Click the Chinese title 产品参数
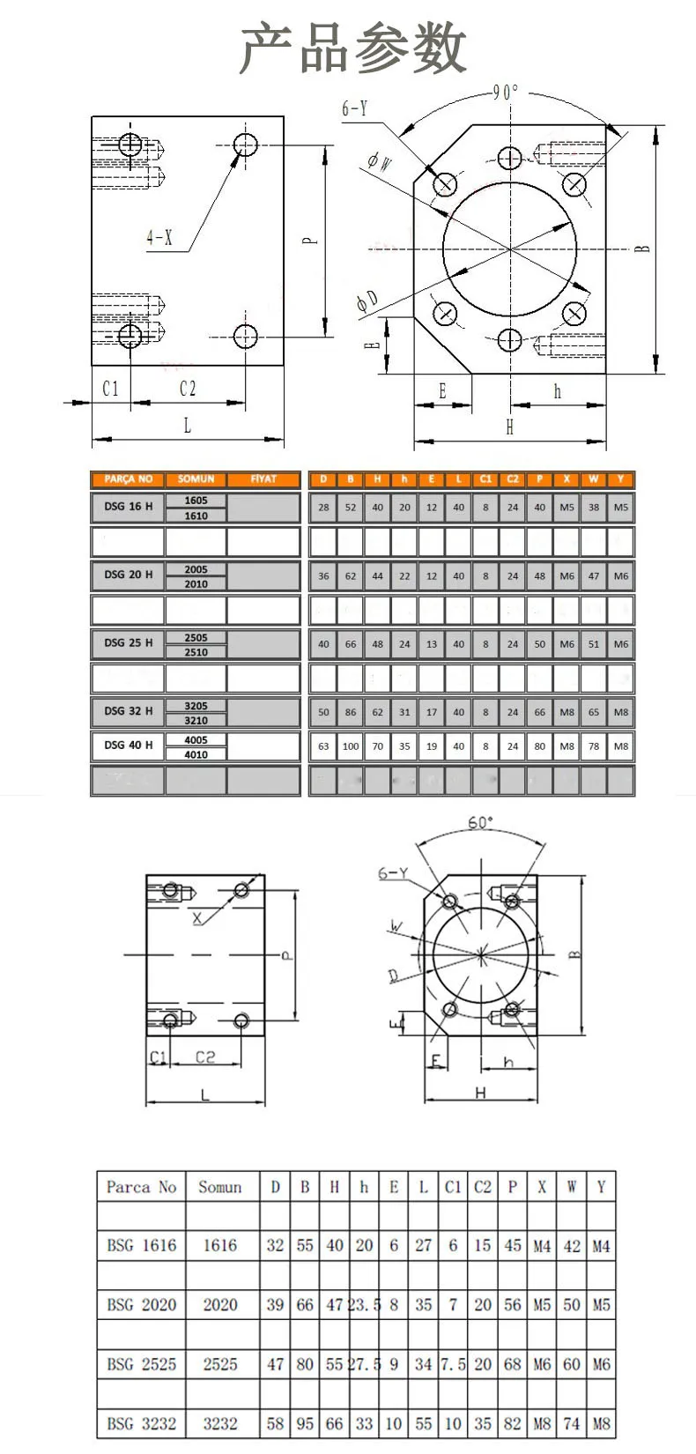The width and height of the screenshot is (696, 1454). point(352,48)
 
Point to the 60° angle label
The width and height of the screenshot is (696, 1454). point(480,822)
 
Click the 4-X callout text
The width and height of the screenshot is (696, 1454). point(159,237)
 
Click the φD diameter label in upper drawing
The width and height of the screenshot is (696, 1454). point(367,301)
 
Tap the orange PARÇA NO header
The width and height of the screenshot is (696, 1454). point(128,479)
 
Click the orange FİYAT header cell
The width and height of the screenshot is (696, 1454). point(263,479)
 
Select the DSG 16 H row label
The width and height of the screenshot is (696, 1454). point(128,507)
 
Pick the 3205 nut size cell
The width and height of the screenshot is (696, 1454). point(196,705)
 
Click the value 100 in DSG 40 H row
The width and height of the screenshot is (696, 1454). point(351,746)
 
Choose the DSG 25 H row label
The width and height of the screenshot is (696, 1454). point(128,643)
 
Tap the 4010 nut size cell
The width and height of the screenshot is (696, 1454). point(196,754)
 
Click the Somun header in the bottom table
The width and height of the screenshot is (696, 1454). point(219,1187)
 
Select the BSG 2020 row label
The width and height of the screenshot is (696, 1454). point(141,1305)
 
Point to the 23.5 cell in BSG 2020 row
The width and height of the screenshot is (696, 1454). point(364,1305)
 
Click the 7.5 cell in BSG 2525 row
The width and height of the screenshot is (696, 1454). point(453,1364)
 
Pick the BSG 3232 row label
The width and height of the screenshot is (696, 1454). point(141,1423)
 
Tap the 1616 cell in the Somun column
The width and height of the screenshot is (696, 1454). point(219,1245)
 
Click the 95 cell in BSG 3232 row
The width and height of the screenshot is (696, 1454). point(305,1423)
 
